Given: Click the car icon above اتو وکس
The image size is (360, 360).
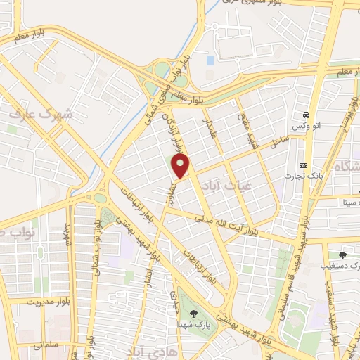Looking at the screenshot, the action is (307, 114).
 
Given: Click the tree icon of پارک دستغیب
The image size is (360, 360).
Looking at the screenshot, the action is (342, 255).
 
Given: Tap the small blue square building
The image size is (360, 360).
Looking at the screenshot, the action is (210, 60).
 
